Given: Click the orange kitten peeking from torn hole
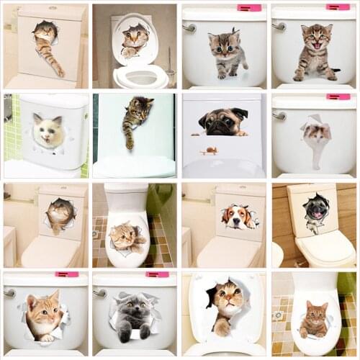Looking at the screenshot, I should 43,315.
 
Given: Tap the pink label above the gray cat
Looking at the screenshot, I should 157,274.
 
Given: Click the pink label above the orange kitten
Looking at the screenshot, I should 67,274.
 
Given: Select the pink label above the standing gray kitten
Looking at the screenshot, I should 249,8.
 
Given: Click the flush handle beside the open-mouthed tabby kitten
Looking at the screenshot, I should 278,26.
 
